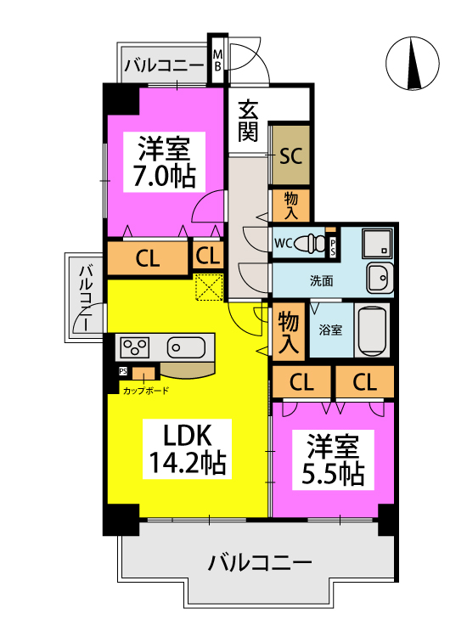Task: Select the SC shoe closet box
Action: point(290,156)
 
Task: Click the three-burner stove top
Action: point(135,347)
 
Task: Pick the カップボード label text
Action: point(145,391)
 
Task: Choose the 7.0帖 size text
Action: point(165,176)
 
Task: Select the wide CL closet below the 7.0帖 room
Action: point(148,260)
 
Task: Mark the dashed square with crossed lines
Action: point(207,287)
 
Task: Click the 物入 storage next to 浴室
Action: point(289,331)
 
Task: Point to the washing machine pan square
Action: point(376,244)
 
